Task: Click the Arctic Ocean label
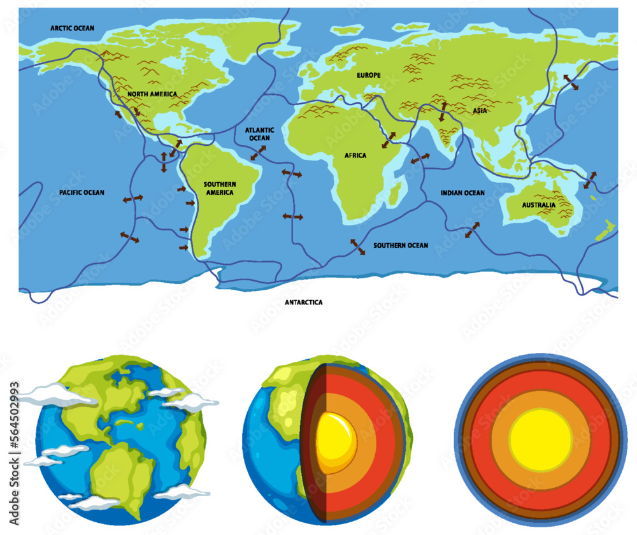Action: (73, 28)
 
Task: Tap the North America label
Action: (152, 94)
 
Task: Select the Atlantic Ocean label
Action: (259, 134)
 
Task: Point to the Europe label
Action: (369, 75)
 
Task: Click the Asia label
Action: (480, 111)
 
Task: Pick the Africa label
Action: (355, 155)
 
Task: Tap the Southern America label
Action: (219, 188)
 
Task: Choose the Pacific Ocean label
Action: (82, 192)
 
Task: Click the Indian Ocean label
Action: (462, 192)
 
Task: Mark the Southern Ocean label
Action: (401, 245)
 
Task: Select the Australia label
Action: (538, 205)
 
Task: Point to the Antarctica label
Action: (304, 303)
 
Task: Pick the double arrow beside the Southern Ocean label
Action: (358, 247)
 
